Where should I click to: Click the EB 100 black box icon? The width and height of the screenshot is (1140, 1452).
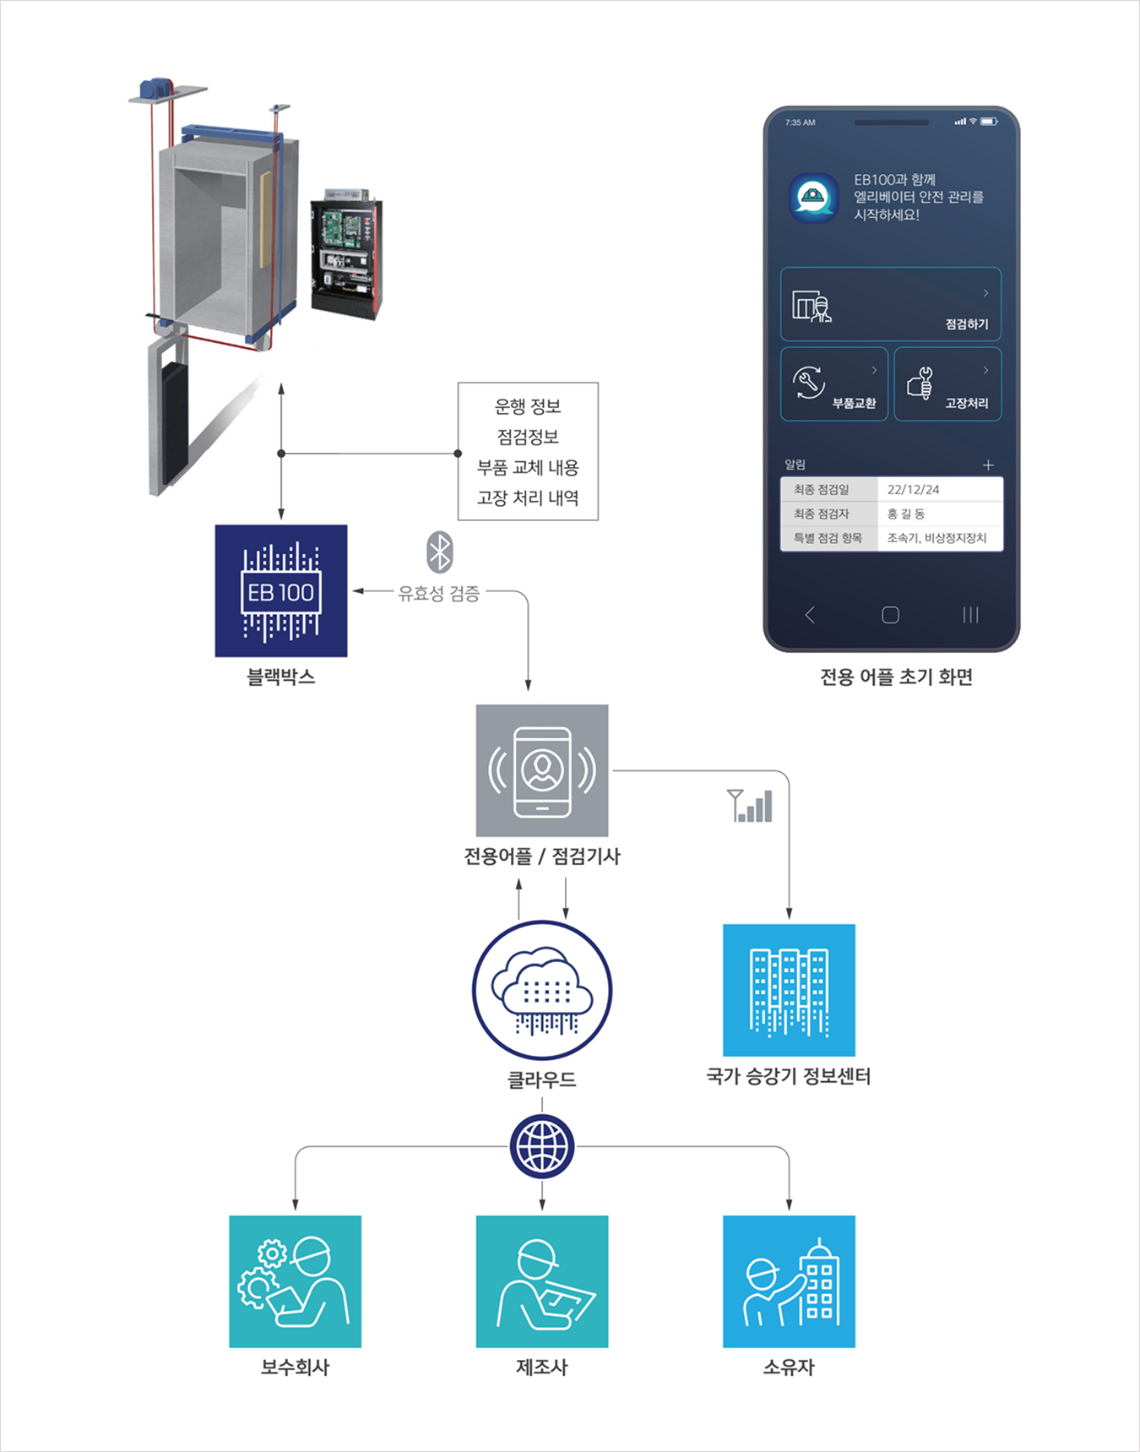point(280,590)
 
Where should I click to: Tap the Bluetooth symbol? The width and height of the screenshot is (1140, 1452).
point(439,552)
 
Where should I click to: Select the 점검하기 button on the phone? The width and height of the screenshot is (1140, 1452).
point(890,305)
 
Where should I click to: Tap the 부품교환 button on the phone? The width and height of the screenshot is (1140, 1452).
point(833,384)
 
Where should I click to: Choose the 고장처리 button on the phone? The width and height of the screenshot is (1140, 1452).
point(947,384)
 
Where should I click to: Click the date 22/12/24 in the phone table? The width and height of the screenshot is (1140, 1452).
point(913,489)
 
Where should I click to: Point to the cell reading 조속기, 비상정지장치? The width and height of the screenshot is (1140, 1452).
point(936,538)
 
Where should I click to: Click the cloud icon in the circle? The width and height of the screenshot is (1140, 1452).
point(542,989)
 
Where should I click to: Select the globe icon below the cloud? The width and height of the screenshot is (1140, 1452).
point(542,1147)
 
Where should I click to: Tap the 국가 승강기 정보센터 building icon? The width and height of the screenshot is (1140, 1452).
point(789,990)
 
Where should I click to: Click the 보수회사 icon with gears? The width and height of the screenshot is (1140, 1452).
point(295,1281)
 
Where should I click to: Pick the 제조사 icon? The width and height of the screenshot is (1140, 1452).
point(542,1281)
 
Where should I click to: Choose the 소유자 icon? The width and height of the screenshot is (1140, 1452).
point(789,1281)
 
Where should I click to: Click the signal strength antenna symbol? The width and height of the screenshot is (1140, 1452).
point(750,806)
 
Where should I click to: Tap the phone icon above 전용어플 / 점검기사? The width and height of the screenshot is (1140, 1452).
point(542,770)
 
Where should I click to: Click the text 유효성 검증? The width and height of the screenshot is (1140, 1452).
point(438,593)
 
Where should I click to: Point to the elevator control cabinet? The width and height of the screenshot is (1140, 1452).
point(346,253)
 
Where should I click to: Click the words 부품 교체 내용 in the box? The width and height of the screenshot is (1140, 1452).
point(528,467)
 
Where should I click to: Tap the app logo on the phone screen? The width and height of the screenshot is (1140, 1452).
point(813,198)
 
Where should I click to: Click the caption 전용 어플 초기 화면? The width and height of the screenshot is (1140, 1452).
point(896,677)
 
